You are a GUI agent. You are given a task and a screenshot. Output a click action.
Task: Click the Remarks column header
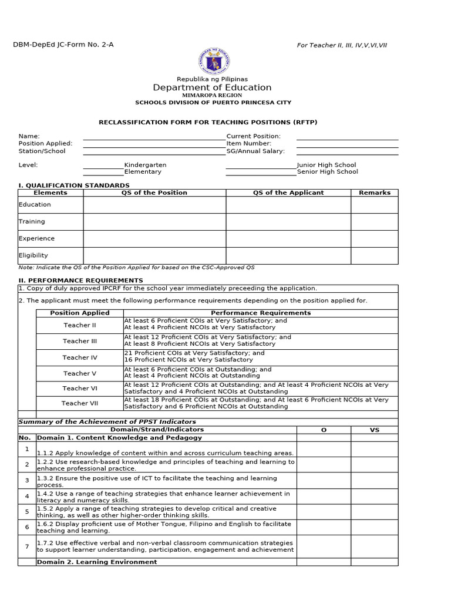coord(374,193)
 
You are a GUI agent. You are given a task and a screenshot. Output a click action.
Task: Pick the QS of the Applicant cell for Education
coord(288,205)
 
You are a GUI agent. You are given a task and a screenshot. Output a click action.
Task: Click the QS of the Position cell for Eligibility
coord(154,255)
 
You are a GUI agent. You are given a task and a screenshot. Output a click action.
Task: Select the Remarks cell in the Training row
coord(374,222)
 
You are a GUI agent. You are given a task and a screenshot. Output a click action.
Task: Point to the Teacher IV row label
coord(80,357)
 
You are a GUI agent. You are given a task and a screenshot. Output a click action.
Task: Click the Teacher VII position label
coord(80,403)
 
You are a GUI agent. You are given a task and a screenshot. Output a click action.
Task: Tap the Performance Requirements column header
coord(261,313)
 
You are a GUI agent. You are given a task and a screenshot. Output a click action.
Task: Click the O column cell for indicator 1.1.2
coord(323,449)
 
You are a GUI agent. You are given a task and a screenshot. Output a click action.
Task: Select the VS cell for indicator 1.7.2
coord(374,546)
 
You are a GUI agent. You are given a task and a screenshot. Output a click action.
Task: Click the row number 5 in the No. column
coord(26,512)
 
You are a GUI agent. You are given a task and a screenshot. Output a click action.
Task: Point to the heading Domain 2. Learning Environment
coord(97,562)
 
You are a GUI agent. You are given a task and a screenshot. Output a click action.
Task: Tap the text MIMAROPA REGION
coord(212,94)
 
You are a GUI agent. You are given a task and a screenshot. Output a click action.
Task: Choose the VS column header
coord(374,430)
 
